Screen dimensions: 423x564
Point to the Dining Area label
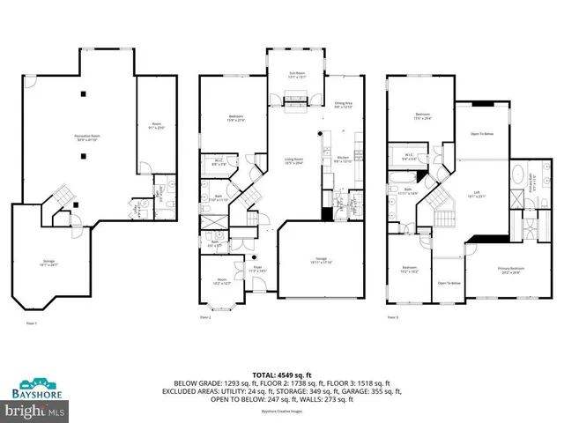coord(344,106)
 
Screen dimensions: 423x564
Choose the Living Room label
coord(294,161)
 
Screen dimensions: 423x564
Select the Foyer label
coord(257,269)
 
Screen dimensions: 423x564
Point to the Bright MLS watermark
coord(34,411)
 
